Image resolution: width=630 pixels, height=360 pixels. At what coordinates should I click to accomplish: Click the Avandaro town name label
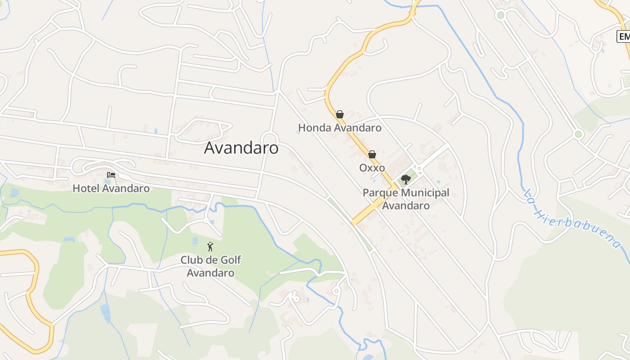click(241, 148)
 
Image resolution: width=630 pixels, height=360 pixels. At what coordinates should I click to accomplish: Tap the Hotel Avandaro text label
click(111, 188)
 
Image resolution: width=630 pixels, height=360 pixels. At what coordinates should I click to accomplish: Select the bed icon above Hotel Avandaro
click(111, 175)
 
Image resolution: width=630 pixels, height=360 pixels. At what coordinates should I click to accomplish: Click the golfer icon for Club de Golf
click(210, 247)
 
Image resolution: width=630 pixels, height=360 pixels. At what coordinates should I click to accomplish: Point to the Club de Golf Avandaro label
click(211, 266)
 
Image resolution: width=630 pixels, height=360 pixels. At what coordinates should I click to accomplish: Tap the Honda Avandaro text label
click(340, 128)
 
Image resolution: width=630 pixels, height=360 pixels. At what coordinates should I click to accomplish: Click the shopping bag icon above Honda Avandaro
click(340, 114)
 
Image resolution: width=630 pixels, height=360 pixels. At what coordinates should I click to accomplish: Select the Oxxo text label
click(372, 168)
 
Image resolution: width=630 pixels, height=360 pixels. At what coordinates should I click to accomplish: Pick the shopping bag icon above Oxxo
click(372, 154)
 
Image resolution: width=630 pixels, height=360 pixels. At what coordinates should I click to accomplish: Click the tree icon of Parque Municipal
click(406, 180)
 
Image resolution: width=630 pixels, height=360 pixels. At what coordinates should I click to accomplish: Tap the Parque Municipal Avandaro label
click(406, 199)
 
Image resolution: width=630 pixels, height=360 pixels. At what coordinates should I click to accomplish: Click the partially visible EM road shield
click(624, 36)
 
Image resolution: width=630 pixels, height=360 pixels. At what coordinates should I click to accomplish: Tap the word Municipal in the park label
click(425, 193)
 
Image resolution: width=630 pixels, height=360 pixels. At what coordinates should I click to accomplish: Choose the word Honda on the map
click(313, 128)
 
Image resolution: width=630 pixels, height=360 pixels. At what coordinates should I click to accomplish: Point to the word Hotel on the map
click(86, 188)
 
